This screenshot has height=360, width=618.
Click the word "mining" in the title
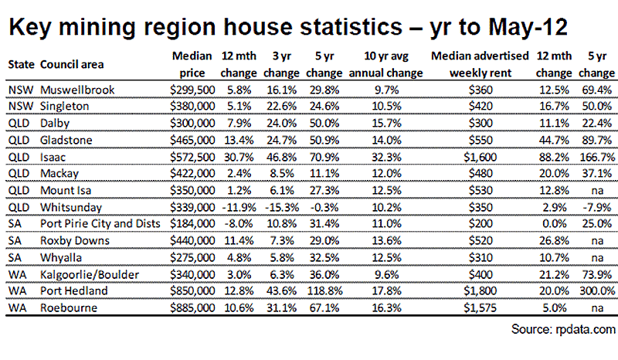[97, 28]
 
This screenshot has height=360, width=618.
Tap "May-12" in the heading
[528, 28]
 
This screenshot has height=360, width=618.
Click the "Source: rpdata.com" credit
[563, 329]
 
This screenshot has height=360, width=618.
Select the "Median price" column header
[192, 64]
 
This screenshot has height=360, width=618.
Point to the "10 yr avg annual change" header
[385, 64]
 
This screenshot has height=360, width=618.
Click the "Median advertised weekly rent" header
[480, 64]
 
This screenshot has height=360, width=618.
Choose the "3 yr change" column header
[281, 64]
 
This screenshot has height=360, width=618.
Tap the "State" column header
[22, 64]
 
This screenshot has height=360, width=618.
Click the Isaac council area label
[53, 157]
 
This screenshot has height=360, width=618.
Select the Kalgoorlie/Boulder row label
[90, 274]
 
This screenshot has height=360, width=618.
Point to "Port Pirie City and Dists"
[100, 223]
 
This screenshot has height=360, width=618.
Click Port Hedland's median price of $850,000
[192, 291]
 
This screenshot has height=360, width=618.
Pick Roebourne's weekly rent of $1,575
[480, 308]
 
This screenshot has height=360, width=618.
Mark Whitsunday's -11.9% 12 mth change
[239, 207]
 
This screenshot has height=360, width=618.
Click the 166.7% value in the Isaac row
[597, 157]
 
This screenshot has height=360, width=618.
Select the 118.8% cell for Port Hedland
[324, 291]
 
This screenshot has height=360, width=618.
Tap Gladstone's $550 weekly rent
[480, 140]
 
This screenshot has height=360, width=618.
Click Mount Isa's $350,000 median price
[192, 191]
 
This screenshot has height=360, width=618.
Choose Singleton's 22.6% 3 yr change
[281, 106]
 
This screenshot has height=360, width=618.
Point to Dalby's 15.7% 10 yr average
[386, 123]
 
